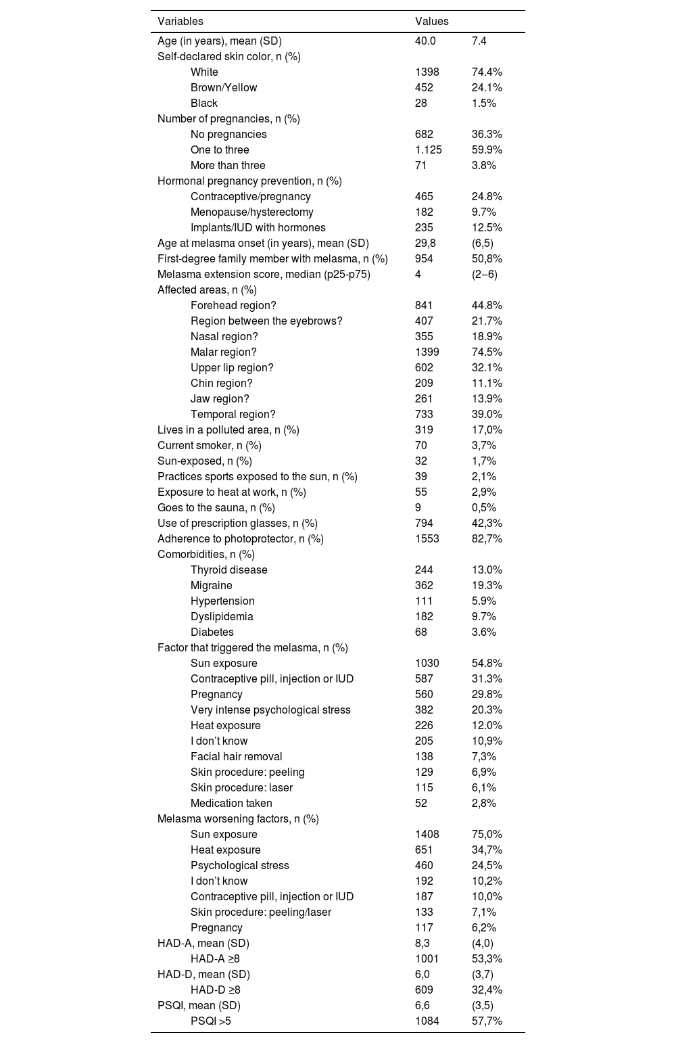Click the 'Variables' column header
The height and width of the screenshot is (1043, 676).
click(x=180, y=22)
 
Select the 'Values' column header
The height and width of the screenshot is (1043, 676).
click(x=431, y=22)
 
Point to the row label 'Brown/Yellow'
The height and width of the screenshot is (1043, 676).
click(x=224, y=88)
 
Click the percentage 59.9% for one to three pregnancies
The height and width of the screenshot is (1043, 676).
click(x=487, y=150)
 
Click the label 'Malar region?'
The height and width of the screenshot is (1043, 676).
click(x=223, y=352)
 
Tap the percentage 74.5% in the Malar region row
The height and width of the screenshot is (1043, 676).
click(x=487, y=352)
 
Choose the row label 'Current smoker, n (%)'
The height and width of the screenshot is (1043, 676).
click(x=209, y=446)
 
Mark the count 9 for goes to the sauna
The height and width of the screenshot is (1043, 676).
click(x=418, y=508)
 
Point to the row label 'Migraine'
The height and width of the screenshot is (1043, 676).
click(x=211, y=586)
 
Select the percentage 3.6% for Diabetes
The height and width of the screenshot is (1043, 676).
click(x=484, y=632)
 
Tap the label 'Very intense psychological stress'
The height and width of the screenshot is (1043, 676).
click(x=270, y=710)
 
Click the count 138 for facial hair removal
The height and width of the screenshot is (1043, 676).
click(x=424, y=757)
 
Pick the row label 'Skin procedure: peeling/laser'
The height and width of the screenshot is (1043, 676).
click(x=261, y=912)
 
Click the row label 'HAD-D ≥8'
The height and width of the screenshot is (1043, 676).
click(x=215, y=990)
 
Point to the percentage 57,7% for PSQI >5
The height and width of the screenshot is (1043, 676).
click(x=487, y=1021)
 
